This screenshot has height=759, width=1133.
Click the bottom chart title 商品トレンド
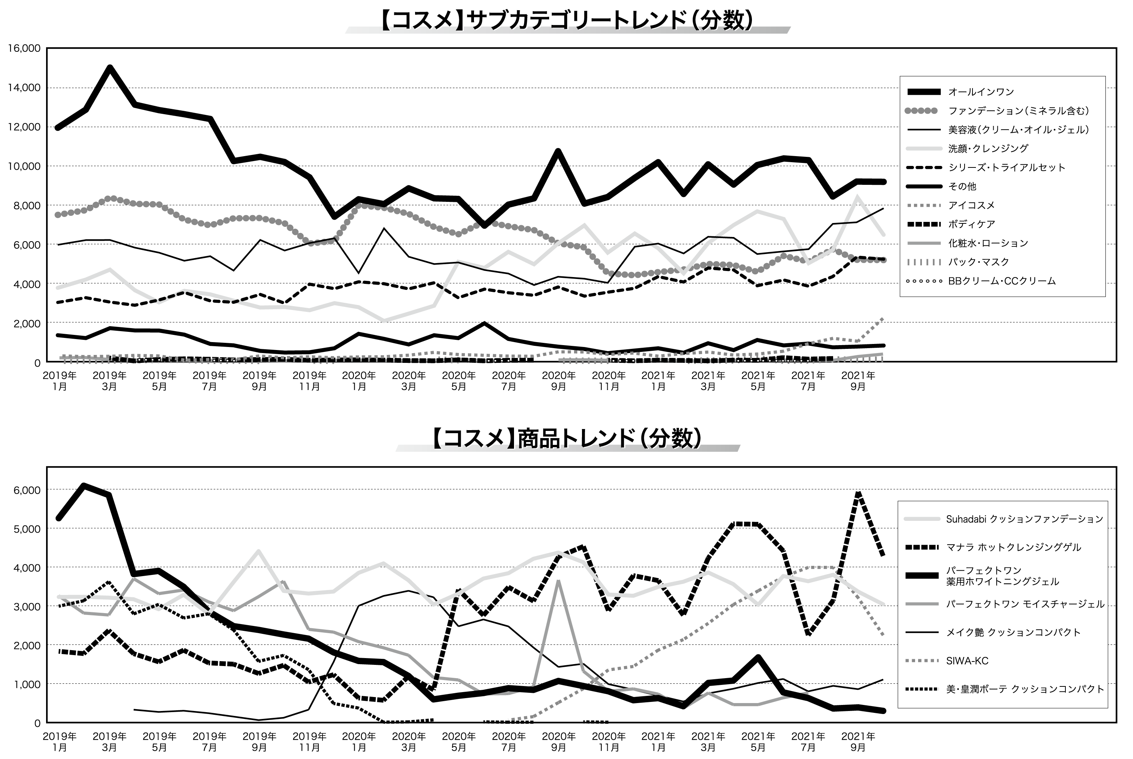coord(566,438)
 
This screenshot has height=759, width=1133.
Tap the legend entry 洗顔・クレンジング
coord(988,149)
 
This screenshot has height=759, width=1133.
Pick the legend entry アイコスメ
coord(971,205)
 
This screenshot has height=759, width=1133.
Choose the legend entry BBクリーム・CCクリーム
coord(1002,281)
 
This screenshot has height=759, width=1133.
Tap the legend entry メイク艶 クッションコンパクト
coord(1013,632)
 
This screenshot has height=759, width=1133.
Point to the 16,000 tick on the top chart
coord(24,48)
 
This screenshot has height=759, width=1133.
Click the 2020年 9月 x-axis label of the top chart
coord(559,381)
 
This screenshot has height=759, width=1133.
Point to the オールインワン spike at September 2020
coord(558,152)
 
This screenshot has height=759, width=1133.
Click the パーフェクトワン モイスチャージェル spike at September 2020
coord(559,581)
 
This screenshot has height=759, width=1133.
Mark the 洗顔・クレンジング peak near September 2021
coord(857,197)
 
